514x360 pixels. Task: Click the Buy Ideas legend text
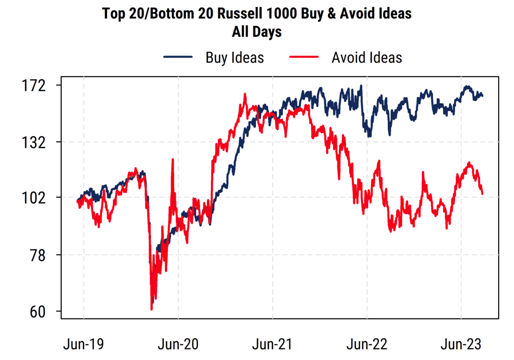235,58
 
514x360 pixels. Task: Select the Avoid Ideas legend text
367,58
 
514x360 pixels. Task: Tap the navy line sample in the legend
178,58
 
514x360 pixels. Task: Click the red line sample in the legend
304,58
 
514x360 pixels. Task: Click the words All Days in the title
257,32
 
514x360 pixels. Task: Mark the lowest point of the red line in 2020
151,309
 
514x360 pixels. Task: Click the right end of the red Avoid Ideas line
483,194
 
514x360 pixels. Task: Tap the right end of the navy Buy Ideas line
483,96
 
